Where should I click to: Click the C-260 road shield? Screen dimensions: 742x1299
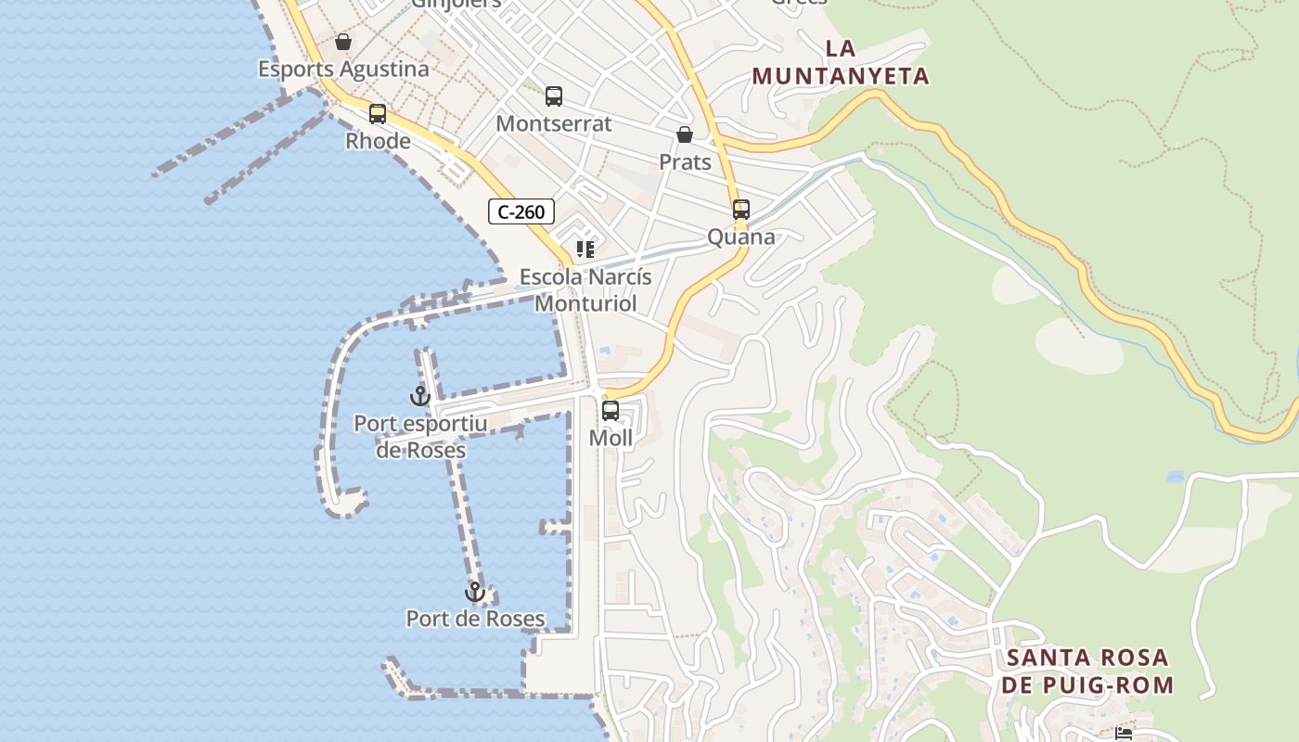click(521, 211)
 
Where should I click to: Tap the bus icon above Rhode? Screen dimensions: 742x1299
click(378, 114)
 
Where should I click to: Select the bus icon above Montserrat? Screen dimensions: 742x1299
click(554, 96)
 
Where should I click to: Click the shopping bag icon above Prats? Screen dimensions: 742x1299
click(685, 135)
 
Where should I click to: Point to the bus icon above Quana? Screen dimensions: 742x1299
click(740, 210)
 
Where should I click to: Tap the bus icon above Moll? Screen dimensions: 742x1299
click(611, 410)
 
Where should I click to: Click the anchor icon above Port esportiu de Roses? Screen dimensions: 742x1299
click(420, 396)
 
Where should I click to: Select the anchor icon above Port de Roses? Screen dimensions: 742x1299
click(475, 591)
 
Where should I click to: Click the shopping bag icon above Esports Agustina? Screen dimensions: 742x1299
click(343, 42)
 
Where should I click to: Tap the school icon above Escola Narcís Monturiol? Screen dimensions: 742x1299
click(585, 249)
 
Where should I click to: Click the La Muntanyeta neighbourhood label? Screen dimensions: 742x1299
click(841, 62)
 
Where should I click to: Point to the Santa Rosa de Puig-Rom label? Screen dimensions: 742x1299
click(1090, 672)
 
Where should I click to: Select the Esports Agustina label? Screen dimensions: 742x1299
click(343, 69)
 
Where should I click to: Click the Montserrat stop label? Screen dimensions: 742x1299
click(554, 123)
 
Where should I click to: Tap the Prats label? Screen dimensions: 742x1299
click(685, 162)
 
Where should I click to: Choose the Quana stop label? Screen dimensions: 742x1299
click(741, 237)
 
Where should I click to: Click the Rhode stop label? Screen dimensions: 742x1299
click(378, 141)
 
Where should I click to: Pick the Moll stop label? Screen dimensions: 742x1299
click(611, 438)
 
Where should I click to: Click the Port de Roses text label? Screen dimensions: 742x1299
click(475, 618)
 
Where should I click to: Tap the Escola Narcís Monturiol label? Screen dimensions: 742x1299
click(585, 289)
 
